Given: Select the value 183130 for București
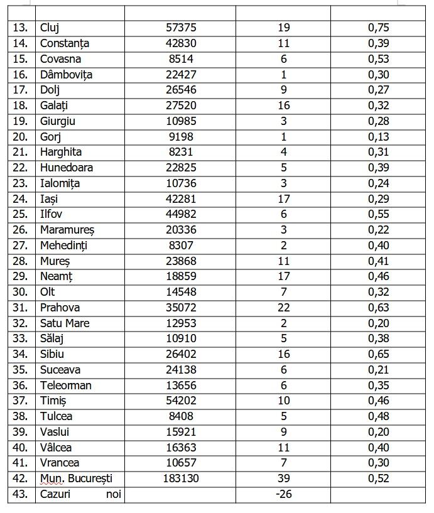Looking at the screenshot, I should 180,478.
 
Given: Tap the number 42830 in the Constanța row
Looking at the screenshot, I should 180,43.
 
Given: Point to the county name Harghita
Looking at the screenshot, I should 61,152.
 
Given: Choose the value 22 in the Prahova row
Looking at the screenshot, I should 283,308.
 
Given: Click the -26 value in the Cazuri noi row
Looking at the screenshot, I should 283,494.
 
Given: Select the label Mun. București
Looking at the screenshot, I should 76,478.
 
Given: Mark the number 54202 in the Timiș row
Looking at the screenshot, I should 180,401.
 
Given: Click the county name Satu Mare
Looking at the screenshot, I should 65,323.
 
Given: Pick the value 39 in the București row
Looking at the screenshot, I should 283,478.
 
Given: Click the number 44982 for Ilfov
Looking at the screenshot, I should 180,214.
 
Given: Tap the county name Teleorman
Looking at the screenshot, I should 65,386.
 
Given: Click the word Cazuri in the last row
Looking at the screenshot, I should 55,494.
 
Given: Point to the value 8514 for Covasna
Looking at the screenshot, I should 180,59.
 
